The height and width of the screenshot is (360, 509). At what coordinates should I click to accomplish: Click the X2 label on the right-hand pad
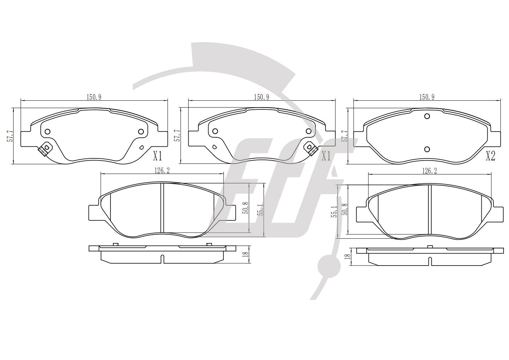(x=490, y=156)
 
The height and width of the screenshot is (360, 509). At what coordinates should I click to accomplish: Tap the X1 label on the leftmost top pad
(x=157, y=156)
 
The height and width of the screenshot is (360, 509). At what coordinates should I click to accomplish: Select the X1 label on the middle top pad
(x=326, y=156)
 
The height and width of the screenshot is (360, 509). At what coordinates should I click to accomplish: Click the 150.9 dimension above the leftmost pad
(x=94, y=97)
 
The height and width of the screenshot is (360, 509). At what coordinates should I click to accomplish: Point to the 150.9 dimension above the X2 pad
(x=427, y=97)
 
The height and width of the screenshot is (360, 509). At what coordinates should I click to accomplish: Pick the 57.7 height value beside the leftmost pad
(x=10, y=136)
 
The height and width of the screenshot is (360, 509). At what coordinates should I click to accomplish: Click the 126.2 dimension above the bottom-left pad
(x=162, y=170)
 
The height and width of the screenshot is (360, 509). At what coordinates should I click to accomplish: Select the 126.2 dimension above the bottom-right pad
(x=429, y=171)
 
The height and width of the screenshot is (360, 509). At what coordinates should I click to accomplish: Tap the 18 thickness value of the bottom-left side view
(x=245, y=254)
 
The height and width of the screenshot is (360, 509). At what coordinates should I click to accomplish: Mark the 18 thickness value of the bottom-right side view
(x=347, y=256)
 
